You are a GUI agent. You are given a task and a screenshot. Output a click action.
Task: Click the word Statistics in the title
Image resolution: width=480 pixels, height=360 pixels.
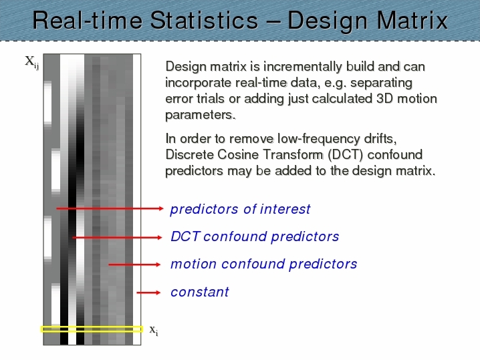click(x=204, y=21)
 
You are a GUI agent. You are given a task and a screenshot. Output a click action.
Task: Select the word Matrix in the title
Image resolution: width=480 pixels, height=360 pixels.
click(x=412, y=21)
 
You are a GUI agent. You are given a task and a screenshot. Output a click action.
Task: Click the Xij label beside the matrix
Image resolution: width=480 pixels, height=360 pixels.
click(x=32, y=62)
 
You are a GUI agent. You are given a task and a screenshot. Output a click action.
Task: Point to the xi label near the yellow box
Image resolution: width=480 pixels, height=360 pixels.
click(x=154, y=331)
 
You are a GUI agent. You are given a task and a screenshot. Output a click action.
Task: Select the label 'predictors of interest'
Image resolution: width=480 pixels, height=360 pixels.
click(x=240, y=210)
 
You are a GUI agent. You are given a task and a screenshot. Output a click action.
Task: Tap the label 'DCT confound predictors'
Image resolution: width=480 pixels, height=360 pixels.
click(x=255, y=236)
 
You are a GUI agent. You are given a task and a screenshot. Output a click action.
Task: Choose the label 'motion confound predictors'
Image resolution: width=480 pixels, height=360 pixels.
click(x=264, y=264)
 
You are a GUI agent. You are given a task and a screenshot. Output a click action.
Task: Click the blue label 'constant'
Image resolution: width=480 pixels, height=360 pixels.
click(x=200, y=292)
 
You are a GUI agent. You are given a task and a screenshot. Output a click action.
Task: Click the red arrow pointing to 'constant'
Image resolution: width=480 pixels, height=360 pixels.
click(x=148, y=293)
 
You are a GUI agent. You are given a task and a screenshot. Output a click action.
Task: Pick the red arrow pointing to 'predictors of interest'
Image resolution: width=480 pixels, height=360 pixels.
click(x=110, y=208)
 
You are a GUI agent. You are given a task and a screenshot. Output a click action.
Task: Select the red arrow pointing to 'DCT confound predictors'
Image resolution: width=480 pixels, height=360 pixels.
click(x=117, y=237)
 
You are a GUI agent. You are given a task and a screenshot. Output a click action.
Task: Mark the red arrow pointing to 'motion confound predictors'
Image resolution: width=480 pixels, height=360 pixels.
click(x=134, y=264)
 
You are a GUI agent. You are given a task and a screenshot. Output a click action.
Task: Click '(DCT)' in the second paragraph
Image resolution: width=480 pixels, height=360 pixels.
click(x=346, y=155)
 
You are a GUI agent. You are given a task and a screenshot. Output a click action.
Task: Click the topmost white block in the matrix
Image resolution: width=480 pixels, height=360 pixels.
click(x=47, y=102)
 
